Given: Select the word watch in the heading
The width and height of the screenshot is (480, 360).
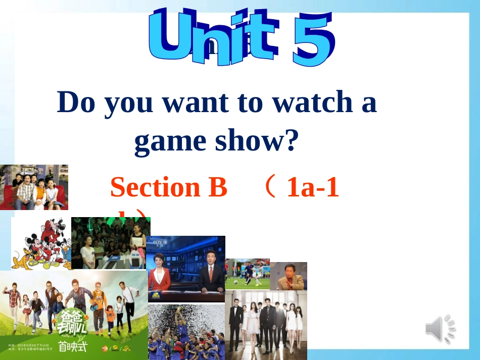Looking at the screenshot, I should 309,102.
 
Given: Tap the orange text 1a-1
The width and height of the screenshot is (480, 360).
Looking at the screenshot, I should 312,188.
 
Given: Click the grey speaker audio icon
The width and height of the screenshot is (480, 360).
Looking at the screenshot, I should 440,329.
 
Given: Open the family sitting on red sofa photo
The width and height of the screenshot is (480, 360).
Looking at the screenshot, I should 34,187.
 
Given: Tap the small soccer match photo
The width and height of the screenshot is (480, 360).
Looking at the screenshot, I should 247,274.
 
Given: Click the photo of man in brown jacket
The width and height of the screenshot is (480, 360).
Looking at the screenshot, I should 289,276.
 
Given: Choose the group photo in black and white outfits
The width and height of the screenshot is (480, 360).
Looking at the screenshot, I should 266,321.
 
